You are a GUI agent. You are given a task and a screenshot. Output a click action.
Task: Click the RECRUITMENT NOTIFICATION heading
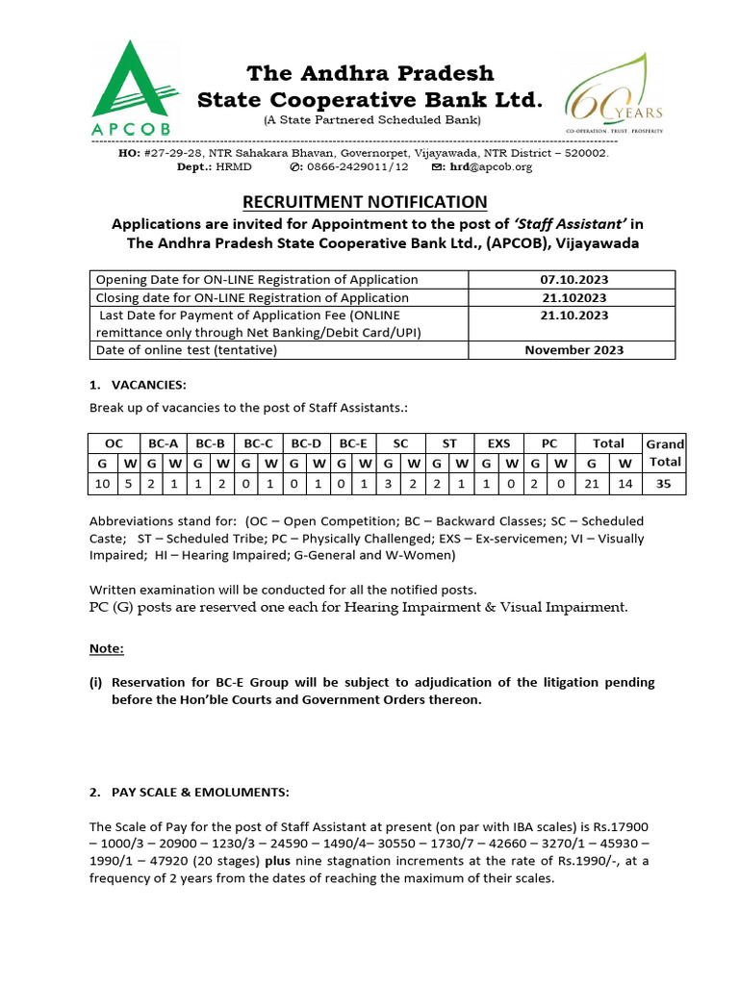pos(365,202)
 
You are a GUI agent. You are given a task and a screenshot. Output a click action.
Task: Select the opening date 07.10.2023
pos(573,280)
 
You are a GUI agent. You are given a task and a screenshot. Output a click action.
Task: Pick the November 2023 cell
pos(573,350)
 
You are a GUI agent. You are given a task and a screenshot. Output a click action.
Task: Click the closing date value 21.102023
pos(573,298)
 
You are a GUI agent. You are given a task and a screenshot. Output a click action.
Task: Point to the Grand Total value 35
pos(664,485)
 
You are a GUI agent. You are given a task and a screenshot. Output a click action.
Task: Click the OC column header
pos(114,443)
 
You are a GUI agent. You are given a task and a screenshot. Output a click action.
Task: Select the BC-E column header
pos(353,443)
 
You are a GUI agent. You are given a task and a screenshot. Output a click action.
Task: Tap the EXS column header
pos(498,443)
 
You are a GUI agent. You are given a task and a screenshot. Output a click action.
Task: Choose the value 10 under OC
pos(103,485)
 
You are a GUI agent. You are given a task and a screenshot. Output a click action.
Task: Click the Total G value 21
pos(592,485)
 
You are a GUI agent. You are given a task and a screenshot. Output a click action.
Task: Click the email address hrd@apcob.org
pos(496,167)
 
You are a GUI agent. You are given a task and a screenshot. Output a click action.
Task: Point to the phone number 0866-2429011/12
pos(356,167)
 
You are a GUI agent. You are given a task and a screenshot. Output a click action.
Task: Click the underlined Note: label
pos(107,648)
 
